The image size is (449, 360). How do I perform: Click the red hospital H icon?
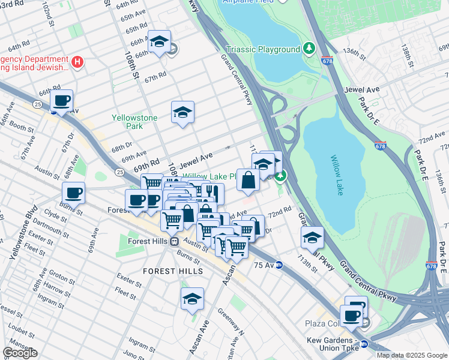(77, 61)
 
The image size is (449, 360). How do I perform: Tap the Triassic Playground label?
(264, 49)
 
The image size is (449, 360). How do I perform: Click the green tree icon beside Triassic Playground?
(309, 47)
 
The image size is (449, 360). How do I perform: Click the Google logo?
(20, 353)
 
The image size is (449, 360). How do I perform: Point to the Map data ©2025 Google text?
(411, 355)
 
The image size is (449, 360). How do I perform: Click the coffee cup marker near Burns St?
(74, 193)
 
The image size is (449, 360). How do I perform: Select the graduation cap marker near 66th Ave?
(159, 41)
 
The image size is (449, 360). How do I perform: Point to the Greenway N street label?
(231, 323)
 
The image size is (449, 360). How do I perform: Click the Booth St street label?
(22, 128)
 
